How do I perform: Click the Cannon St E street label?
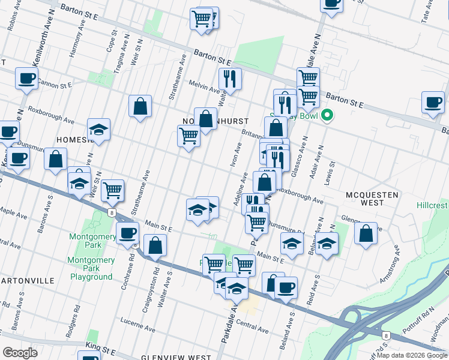tap(54, 83)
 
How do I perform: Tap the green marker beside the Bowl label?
tap(327, 115)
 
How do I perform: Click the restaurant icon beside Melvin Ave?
tap(229, 78)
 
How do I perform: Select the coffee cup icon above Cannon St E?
tap(26, 78)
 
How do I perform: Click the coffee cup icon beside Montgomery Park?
tap(127, 233)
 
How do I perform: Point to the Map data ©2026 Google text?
tap(412, 355)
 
